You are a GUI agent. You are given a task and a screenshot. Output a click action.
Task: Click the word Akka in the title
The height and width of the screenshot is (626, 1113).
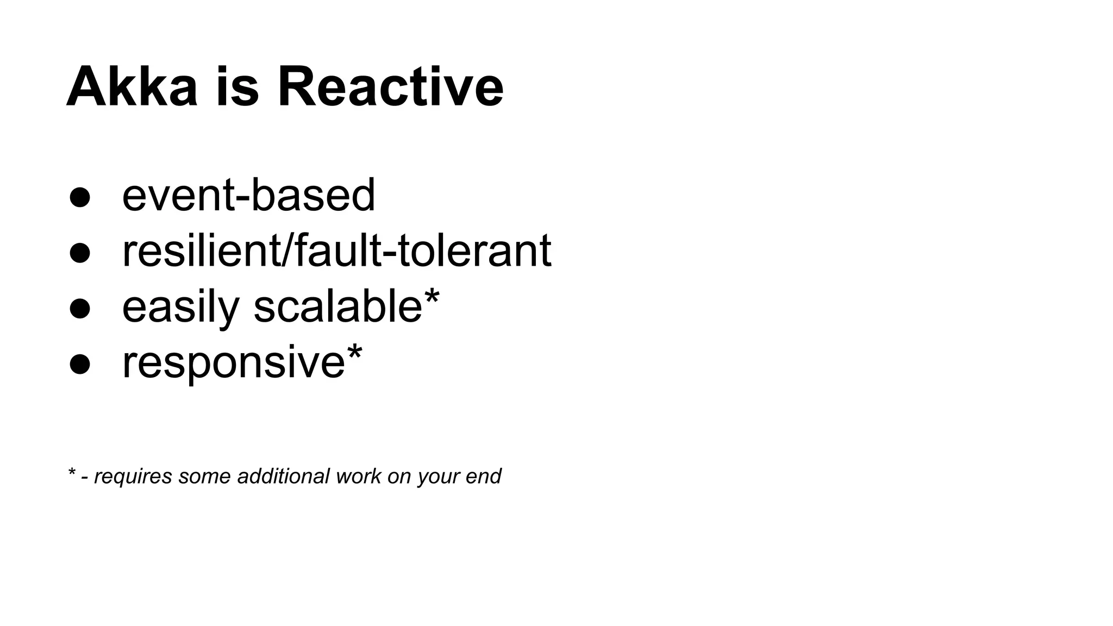point(132,87)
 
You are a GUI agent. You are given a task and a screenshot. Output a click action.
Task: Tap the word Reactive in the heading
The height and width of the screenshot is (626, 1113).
point(390,87)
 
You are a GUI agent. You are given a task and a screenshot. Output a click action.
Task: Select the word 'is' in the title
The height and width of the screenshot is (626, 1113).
point(237,87)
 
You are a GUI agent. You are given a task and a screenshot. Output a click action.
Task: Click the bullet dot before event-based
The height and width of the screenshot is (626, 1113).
point(79,198)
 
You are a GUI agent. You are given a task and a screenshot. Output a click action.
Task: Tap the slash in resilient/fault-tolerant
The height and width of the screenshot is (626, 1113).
point(288,251)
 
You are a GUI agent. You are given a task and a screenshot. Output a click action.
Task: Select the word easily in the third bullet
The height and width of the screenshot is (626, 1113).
point(180,308)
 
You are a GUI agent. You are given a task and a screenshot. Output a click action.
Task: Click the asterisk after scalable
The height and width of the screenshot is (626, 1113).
point(432,297)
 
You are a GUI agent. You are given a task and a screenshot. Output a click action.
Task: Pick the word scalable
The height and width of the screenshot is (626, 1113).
point(337,306)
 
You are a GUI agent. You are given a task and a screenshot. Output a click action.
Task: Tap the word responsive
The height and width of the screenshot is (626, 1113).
point(234,363)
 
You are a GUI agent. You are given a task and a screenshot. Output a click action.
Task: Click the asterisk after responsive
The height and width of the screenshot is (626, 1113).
point(354,352)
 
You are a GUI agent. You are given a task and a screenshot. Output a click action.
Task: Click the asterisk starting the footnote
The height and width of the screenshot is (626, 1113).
point(71,472)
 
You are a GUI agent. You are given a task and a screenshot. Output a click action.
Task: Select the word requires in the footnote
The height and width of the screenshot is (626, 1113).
point(133,477)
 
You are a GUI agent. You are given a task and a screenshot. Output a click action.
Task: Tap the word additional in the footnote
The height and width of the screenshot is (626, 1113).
point(283,476)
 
